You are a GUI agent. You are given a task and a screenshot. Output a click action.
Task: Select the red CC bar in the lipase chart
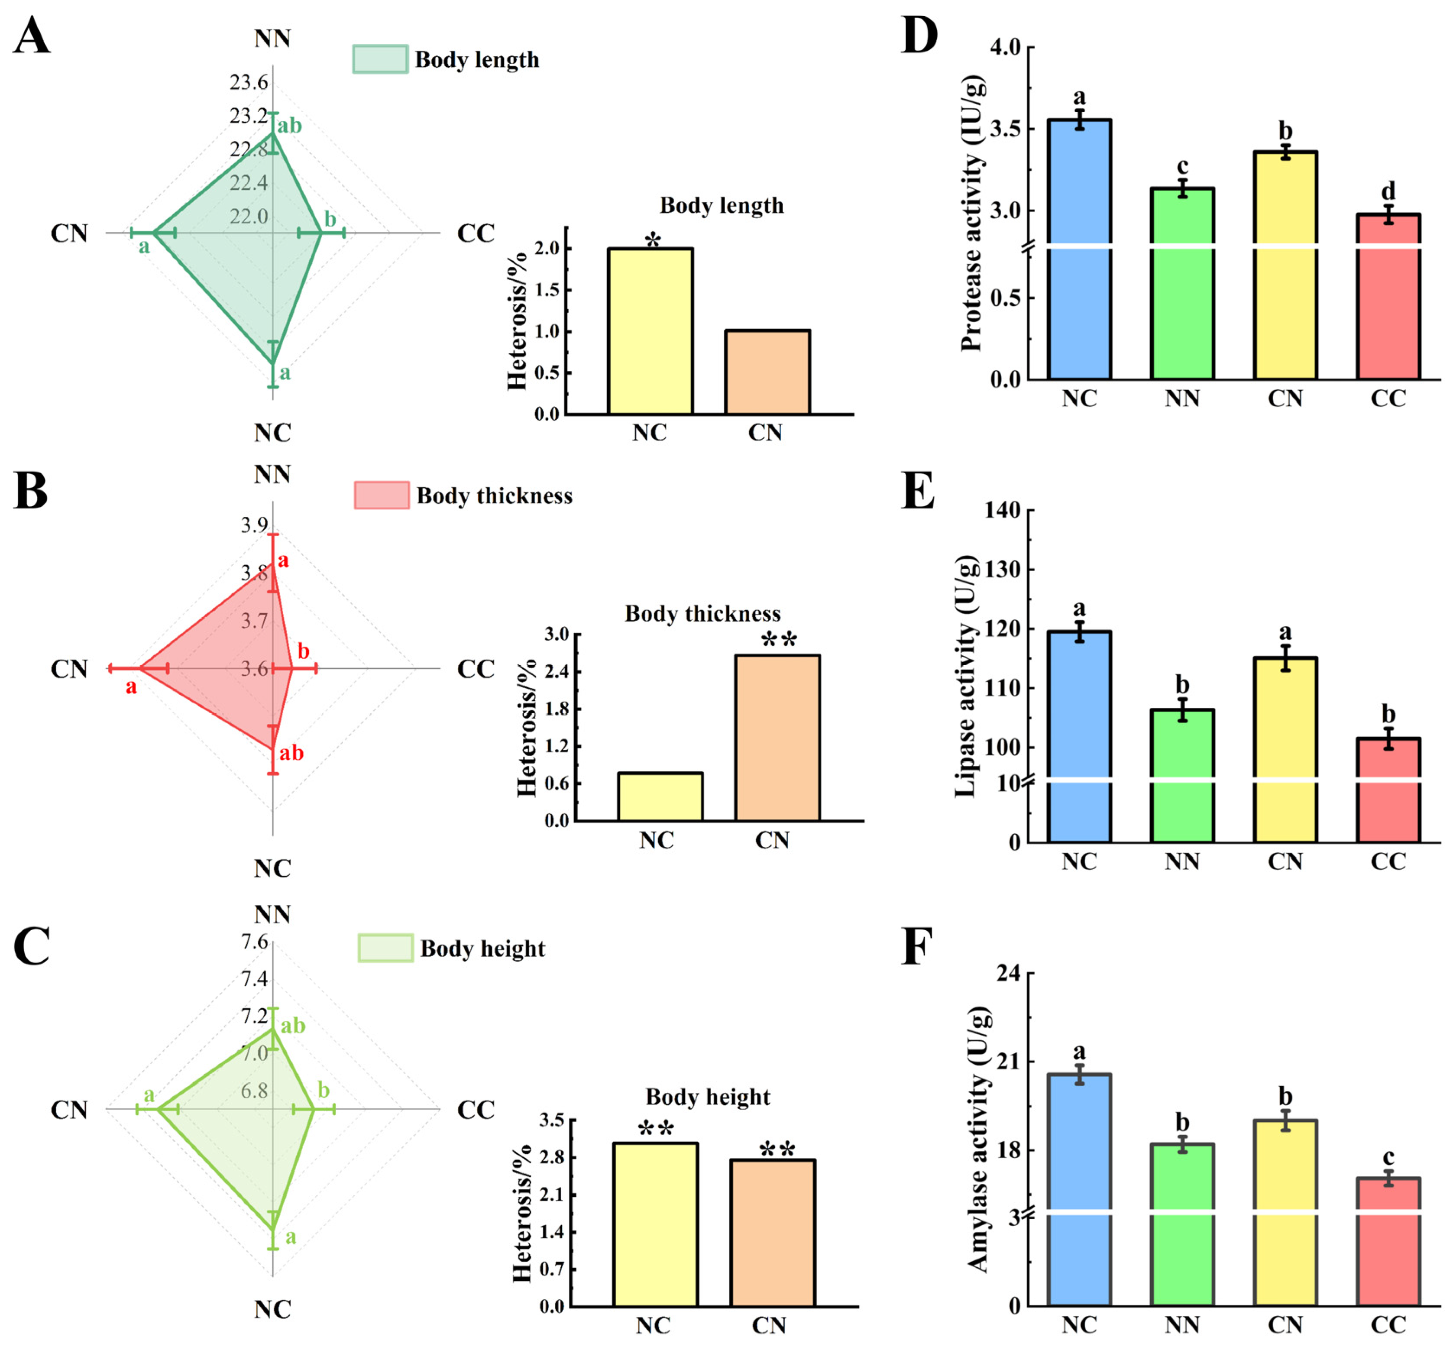1388,791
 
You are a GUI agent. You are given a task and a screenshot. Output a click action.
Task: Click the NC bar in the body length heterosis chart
650,332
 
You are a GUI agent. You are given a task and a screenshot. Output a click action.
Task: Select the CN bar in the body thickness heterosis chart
777,738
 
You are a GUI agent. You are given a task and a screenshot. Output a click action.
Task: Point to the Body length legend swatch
380,59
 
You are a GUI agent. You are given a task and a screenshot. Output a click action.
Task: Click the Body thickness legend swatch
381,495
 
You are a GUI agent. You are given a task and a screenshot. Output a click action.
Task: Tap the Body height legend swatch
385,948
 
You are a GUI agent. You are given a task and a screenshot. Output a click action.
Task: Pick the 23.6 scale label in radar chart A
249,82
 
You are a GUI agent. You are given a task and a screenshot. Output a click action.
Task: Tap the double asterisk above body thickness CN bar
778,640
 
